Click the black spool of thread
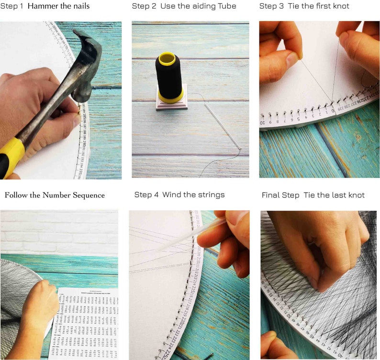(169, 76)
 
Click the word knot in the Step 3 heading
(341, 6)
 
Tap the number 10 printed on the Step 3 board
(263, 123)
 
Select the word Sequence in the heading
(89, 195)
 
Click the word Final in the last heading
(271, 195)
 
